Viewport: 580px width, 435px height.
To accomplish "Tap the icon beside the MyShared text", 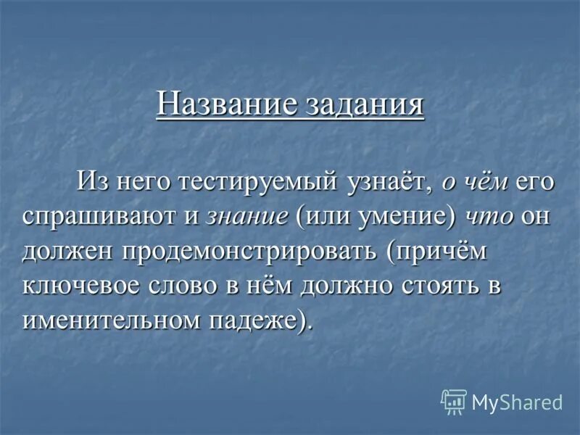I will pyautogui.click(x=454, y=401).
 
